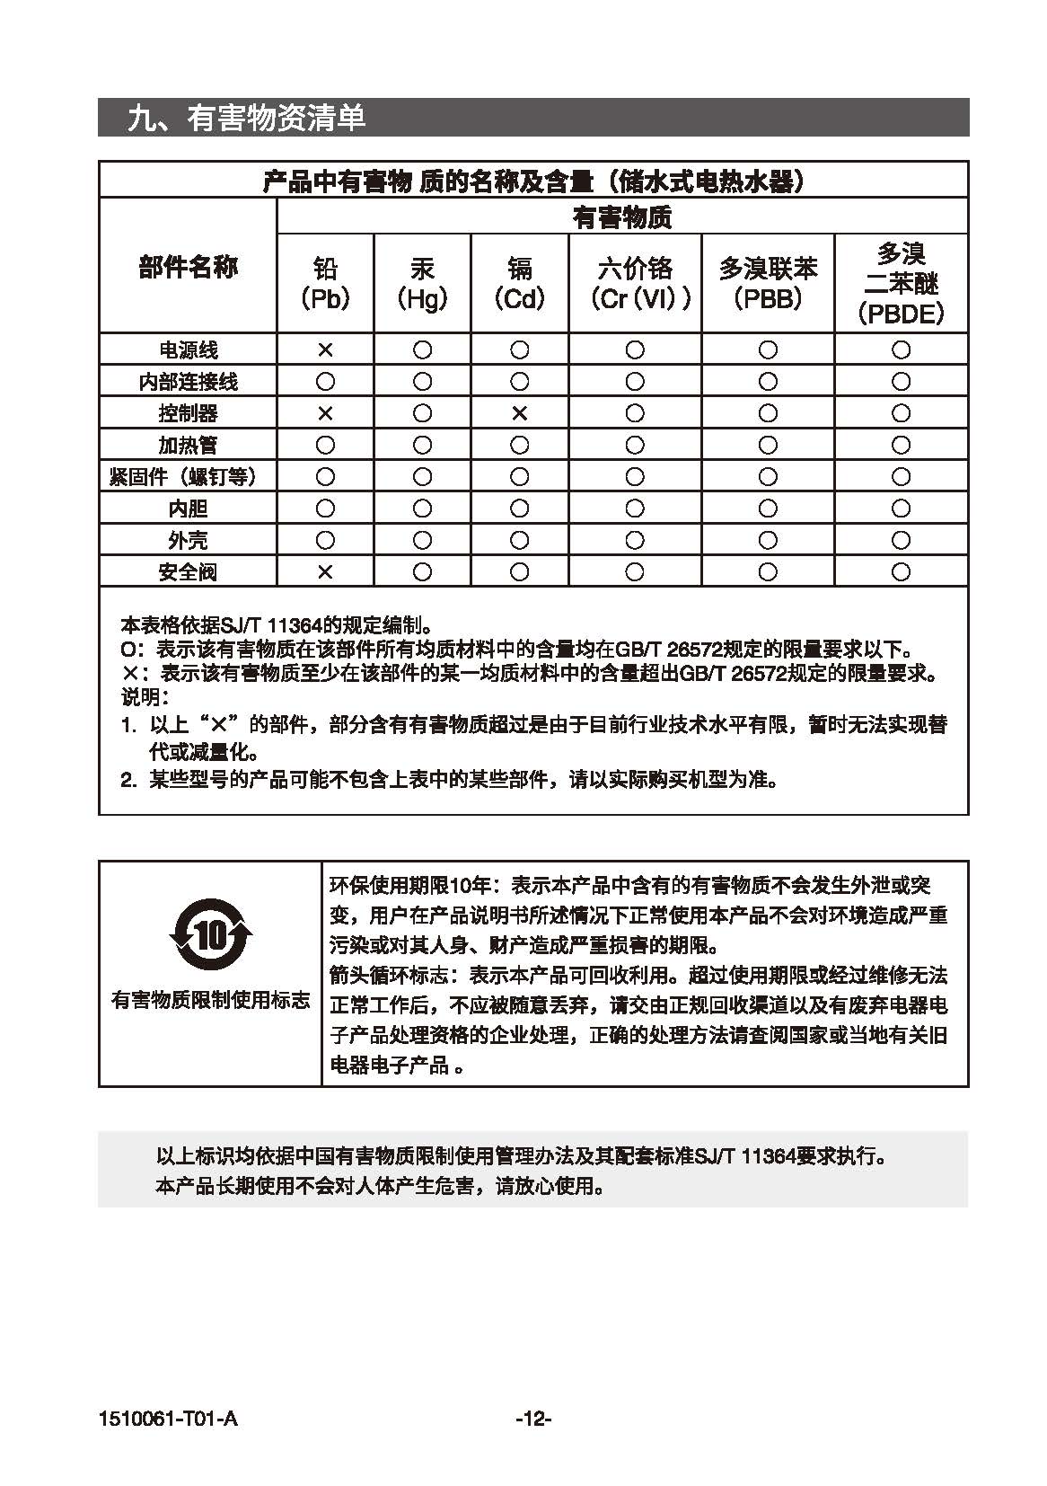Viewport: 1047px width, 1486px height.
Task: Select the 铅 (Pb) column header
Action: coord(325,283)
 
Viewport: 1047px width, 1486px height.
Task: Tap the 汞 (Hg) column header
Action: coord(422,283)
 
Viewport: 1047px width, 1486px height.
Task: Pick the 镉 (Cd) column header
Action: coord(519,283)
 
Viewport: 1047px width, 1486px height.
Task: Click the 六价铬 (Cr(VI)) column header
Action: coord(634,283)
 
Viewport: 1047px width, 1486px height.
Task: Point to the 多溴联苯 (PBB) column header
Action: coord(768,283)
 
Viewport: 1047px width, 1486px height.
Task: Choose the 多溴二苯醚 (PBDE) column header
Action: coord(901,283)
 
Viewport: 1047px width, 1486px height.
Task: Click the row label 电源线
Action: coord(188,349)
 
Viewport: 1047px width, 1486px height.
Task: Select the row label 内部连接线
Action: coord(188,382)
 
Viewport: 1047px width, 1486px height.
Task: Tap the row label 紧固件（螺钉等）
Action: coord(188,476)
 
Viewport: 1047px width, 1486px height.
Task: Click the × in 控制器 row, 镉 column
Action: coord(519,413)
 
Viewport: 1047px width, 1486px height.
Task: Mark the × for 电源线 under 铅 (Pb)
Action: coord(325,349)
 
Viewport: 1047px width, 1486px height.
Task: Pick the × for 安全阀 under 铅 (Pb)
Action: coord(325,571)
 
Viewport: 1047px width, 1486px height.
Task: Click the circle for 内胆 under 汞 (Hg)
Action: coord(422,509)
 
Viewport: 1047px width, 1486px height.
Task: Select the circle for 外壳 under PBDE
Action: coord(901,540)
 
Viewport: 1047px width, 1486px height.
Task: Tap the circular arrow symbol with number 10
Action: coord(210,936)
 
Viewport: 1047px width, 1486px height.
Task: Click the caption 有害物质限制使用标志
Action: coord(210,1000)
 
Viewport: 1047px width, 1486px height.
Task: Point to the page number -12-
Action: coord(533,1419)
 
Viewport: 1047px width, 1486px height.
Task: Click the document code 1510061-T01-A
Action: coord(169,1419)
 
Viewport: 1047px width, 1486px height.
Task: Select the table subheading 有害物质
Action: coord(622,217)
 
